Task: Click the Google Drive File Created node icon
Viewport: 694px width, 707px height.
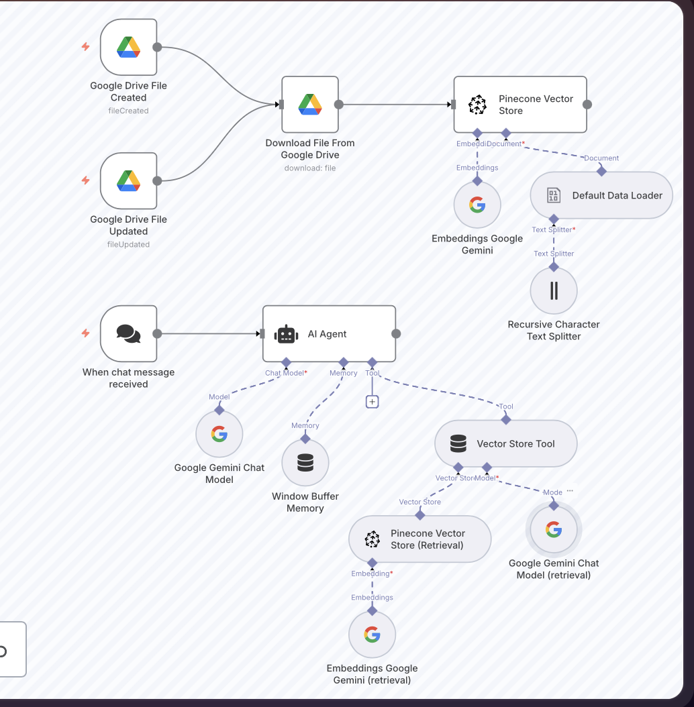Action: coord(128,47)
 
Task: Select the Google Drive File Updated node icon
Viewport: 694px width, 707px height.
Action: coord(128,180)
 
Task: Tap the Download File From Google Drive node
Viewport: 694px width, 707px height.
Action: coord(310,105)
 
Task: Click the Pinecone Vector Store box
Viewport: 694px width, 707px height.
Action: coord(520,105)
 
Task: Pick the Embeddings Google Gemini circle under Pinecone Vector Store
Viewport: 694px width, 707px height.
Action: coord(477,205)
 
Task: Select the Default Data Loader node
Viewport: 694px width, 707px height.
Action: coord(601,195)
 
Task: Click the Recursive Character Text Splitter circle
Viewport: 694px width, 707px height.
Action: coord(554,290)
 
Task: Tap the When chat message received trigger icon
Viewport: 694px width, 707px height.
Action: coord(128,333)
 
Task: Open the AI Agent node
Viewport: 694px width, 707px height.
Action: coord(329,334)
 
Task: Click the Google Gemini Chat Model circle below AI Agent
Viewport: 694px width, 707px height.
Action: coord(219,434)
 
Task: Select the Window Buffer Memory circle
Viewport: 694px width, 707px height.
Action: coord(305,463)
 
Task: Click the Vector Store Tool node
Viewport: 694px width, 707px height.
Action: coord(506,443)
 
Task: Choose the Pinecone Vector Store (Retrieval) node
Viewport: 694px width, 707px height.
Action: coord(419,539)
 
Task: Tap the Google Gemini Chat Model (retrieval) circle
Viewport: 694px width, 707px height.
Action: coord(554,530)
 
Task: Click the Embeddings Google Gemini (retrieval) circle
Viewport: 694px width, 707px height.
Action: coord(373,635)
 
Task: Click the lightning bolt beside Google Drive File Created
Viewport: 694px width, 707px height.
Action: coord(85,47)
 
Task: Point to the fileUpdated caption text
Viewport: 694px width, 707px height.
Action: coord(128,244)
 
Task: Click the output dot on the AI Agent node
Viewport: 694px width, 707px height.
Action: coord(396,334)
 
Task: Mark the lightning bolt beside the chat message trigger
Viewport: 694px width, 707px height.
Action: coord(85,333)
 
